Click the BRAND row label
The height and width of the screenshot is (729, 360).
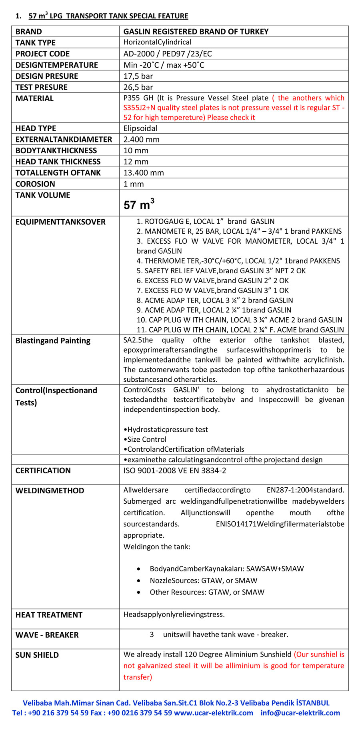pyautogui.click(x=28, y=32)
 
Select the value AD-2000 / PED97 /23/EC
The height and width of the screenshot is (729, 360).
pyautogui.click(x=168, y=54)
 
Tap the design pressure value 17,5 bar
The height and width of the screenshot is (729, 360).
pyautogui.click(x=138, y=76)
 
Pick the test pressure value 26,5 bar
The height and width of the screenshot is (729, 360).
pyautogui.click(x=138, y=87)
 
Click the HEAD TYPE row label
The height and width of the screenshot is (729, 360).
pyautogui.click(x=36, y=128)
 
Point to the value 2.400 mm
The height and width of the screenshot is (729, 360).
pyautogui.click(x=141, y=139)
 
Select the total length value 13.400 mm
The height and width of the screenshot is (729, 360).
pyautogui.click(x=144, y=173)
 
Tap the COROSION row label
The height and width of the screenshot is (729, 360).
pyautogui.click(x=35, y=184)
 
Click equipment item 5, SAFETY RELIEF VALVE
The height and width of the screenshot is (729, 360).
pyautogui.click(x=221, y=271)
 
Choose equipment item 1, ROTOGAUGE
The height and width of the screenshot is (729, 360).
pyautogui.click(x=206, y=221)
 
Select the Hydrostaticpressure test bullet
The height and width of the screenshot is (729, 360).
pyautogui.click(x=166, y=430)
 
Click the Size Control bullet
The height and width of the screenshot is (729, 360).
pyautogui.click(x=145, y=439)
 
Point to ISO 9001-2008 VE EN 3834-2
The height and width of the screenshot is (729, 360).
pyautogui.click(x=175, y=471)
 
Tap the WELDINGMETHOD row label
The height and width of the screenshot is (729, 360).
pyautogui.click(x=50, y=491)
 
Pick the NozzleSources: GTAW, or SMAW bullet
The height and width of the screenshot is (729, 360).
pyautogui.click(x=203, y=580)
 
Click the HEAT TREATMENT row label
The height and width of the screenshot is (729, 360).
pyautogui.click(x=49, y=615)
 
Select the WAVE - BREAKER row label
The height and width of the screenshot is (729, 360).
pyautogui.click(x=47, y=635)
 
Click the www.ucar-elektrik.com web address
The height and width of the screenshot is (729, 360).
pyautogui.click(x=214, y=713)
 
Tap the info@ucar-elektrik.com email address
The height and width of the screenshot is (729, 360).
pyautogui.click(x=300, y=713)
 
